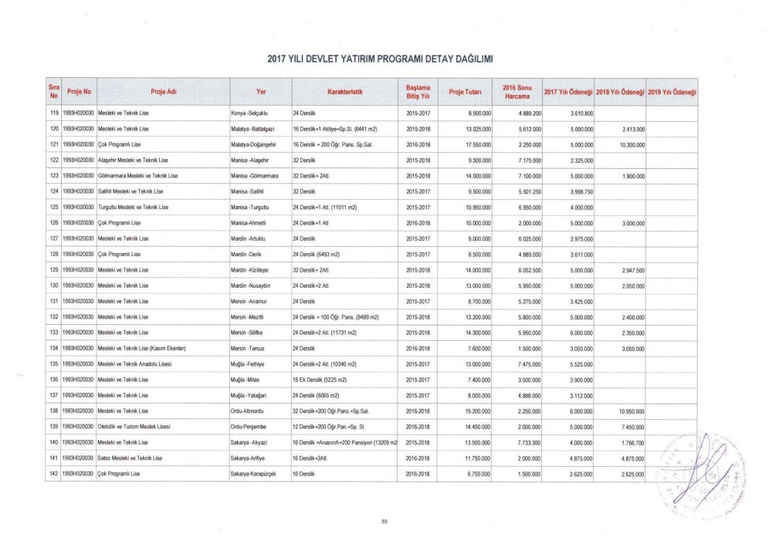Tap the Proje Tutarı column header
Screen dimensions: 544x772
[465, 92]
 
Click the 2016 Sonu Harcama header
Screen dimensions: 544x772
[516, 92]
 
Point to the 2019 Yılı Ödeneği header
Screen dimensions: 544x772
[672, 92]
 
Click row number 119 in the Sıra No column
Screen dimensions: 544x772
[54, 113]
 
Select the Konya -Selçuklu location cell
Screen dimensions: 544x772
[249, 113]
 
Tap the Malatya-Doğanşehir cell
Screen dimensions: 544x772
[255, 144]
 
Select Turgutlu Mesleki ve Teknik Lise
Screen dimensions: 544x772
[134, 208]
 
